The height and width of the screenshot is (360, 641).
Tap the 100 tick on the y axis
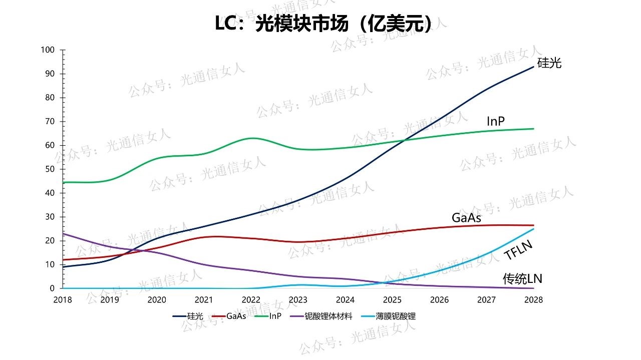point(48,50)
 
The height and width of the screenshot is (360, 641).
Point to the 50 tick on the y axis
point(50,169)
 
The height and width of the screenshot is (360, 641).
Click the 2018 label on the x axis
point(63,300)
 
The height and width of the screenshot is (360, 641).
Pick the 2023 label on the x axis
point(298,300)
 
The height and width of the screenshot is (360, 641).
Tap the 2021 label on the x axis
point(204,300)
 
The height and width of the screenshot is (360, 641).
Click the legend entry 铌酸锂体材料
point(328,316)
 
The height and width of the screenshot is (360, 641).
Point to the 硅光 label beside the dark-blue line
point(549,63)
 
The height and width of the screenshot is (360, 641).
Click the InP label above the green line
point(495,121)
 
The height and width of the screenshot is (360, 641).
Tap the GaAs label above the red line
point(466,218)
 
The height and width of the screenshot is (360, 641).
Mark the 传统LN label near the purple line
point(522,279)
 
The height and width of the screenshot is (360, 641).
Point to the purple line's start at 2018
point(63,234)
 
